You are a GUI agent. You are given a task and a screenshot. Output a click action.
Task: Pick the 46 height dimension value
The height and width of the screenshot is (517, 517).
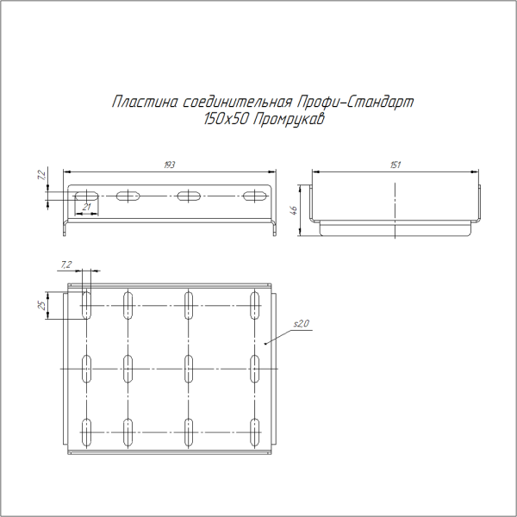[294, 209]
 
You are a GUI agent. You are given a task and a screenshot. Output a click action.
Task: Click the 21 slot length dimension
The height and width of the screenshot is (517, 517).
[87, 207]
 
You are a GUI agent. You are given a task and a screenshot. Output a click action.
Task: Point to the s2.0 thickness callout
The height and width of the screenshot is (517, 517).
[301, 323]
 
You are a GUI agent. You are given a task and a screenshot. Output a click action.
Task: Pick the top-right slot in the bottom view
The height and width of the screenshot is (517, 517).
[255, 305]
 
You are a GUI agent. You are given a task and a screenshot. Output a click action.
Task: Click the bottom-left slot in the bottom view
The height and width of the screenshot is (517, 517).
[87, 432]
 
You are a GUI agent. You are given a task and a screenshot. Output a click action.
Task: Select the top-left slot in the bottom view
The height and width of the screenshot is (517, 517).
[87, 305]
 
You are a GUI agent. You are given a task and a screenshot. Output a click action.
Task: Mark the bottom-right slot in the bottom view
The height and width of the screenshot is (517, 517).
[255, 432]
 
